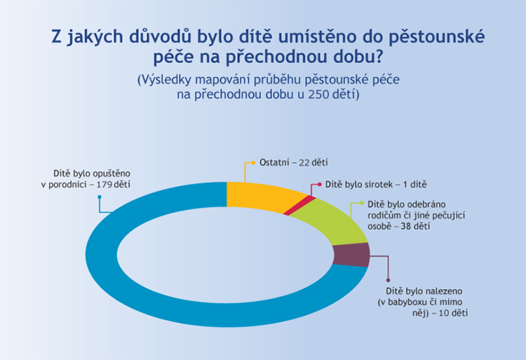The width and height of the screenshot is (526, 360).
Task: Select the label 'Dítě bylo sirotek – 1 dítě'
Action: coord(376,185)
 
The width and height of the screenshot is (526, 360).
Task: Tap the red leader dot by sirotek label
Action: coord(318,185)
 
